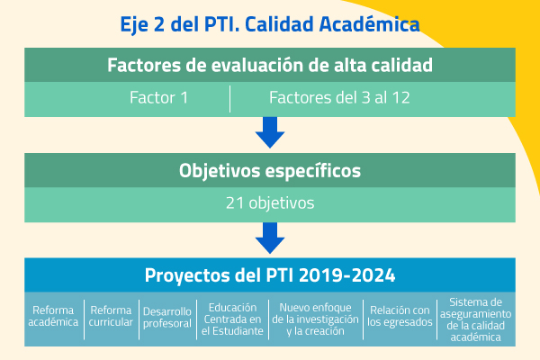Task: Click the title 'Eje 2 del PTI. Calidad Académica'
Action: pyautogui.click(x=270, y=24)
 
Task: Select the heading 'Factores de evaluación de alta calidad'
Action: pyautogui.click(x=270, y=65)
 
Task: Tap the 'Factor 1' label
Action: pyautogui.click(x=158, y=97)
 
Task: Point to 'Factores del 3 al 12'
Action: pyautogui.click(x=339, y=97)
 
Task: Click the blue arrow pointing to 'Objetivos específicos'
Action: pyautogui.click(x=270, y=132)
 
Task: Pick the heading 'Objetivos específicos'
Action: pyautogui.click(x=270, y=171)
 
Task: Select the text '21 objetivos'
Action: pyautogui.click(x=270, y=202)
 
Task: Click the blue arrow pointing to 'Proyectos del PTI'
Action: pyautogui.click(x=270, y=238)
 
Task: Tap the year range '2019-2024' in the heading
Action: pyautogui.click(x=346, y=275)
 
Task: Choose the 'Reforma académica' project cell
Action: pyautogui.click(x=53, y=316)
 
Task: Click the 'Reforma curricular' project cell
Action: pyautogui.click(x=111, y=316)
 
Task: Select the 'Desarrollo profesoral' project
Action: pyautogui.click(x=167, y=318)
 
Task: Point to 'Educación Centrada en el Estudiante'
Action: pyautogui.click(x=232, y=319)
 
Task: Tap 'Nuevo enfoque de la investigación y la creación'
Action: pyautogui.click(x=315, y=319)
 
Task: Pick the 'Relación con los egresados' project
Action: pyautogui.click(x=400, y=316)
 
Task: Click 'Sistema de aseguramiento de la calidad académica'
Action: pyautogui.click(x=475, y=319)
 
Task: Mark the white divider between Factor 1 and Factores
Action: pyautogui.click(x=229, y=99)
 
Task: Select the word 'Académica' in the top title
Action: pyautogui.click(x=370, y=24)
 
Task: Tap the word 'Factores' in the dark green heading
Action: pyautogui.click(x=144, y=65)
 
